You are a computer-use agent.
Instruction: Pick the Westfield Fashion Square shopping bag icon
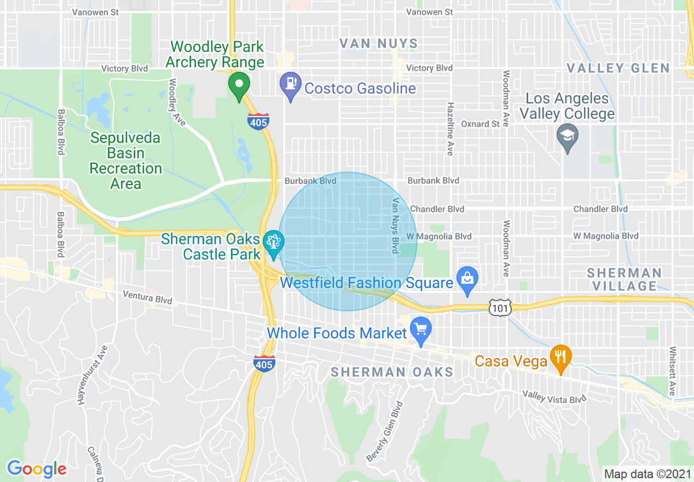pyautogui.click(x=468, y=279)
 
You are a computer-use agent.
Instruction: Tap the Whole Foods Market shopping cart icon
pyautogui.click(x=421, y=329)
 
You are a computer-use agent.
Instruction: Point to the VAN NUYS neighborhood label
pyautogui.click(x=378, y=44)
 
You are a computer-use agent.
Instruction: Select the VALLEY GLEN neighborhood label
pyautogui.click(x=618, y=68)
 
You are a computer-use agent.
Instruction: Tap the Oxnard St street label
pyautogui.click(x=480, y=124)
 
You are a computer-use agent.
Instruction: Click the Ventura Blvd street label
pyautogui.click(x=147, y=297)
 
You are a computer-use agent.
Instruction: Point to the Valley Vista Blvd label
pyautogui.click(x=554, y=397)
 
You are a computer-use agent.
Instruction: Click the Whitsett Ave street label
pyautogui.click(x=672, y=370)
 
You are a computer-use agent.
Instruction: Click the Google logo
pyautogui.click(x=37, y=469)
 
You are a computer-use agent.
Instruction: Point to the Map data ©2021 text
pyautogui.click(x=646, y=474)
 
